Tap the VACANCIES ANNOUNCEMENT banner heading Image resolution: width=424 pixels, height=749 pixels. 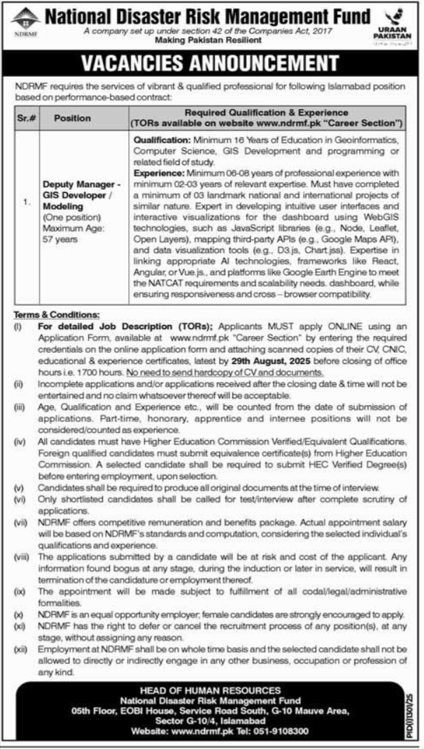point(211,62)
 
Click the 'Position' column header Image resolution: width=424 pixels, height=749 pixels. point(73,117)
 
